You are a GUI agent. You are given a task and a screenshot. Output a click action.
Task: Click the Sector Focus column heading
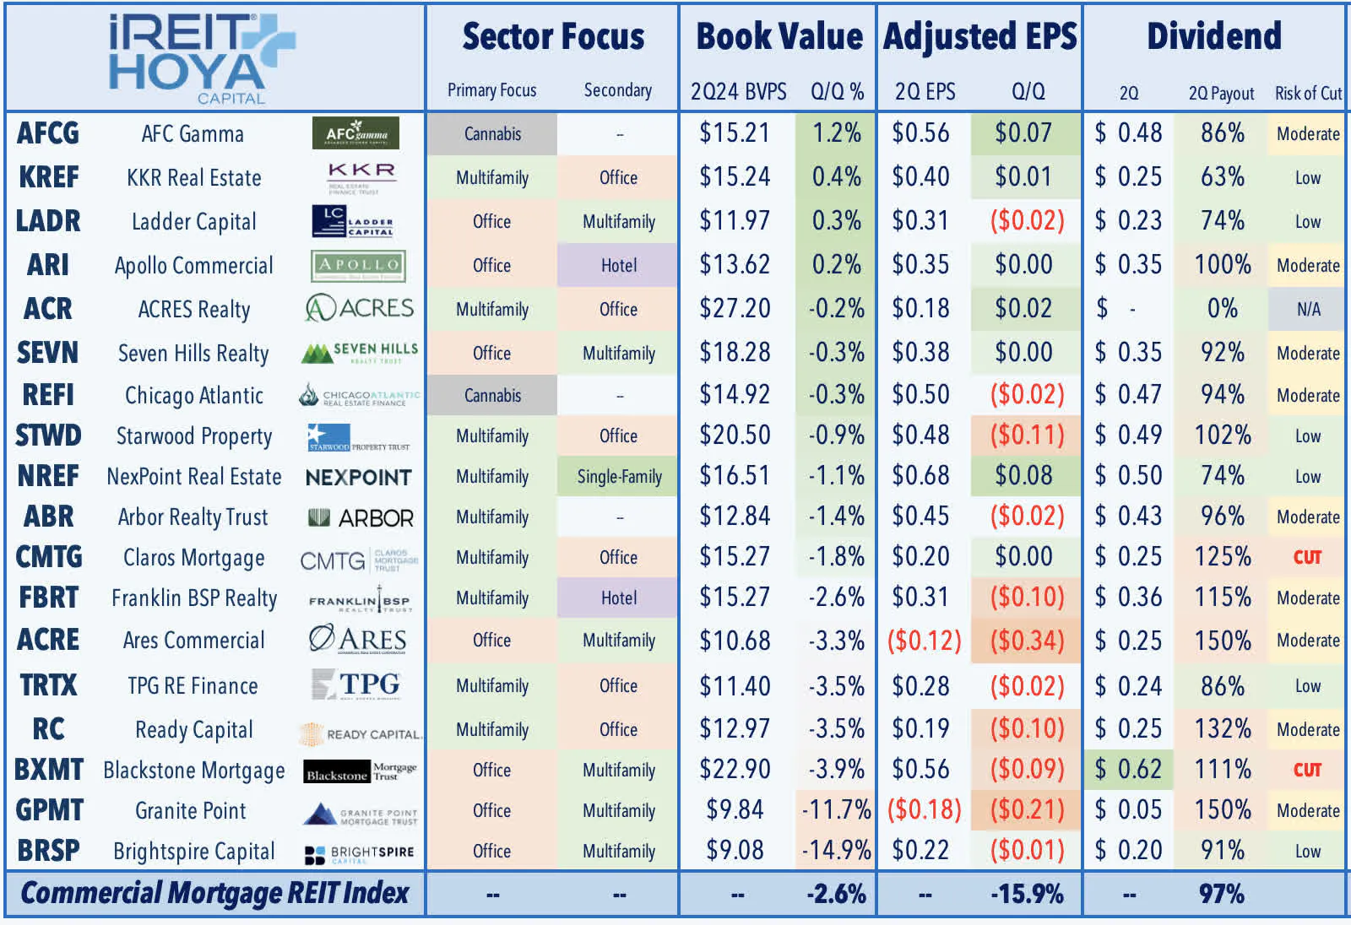pyautogui.click(x=553, y=37)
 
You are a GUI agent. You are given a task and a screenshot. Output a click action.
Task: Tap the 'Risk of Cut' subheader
pyautogui.click(x=1307, y=93)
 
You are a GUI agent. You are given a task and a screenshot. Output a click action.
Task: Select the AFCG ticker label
pyautogui.click(x=48, y=133)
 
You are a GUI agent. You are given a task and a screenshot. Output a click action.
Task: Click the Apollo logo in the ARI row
pyautogui.click(x=358, y=265)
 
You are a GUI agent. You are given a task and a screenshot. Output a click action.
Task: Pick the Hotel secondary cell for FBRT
pyautogui.click(x=618, y=598)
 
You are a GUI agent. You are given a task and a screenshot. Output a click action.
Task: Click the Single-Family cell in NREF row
pyautogui.click(x=619, y=476)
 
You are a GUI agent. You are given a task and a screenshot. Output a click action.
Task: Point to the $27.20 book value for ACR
pyautogui.click(x=735, y=309)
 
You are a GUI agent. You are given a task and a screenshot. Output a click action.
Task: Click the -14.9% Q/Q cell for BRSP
pyautogui.click(x=836, y=850)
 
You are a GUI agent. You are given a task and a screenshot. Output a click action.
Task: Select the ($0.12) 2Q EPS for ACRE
pyautogui.click(x=924, y=641)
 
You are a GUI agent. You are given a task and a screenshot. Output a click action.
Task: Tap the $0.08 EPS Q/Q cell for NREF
pyautogui.click(x=1023, y=476)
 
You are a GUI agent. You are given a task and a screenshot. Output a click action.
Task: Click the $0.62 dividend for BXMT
pyautogui.click(x=1128, y=769)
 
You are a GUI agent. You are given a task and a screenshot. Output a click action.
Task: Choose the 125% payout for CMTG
pyautogui.click(x=1222, y=557)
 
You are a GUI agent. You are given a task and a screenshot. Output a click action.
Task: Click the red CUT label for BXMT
pyautogui.click(x=1307, y=770)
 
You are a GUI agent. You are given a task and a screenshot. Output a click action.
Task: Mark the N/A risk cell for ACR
pyautogui.click(x=1308, y=309)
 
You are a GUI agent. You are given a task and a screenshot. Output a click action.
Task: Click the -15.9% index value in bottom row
pyautogui.click(x=1027, y=894)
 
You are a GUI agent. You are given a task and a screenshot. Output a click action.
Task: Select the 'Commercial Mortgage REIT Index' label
pyautogui.click(x=214, y=893)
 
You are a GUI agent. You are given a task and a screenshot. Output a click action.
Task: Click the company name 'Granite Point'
pyautogui.click(x=191, y=810)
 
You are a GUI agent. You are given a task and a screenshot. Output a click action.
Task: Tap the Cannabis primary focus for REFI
pyautogui.click(x=492, y=395)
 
